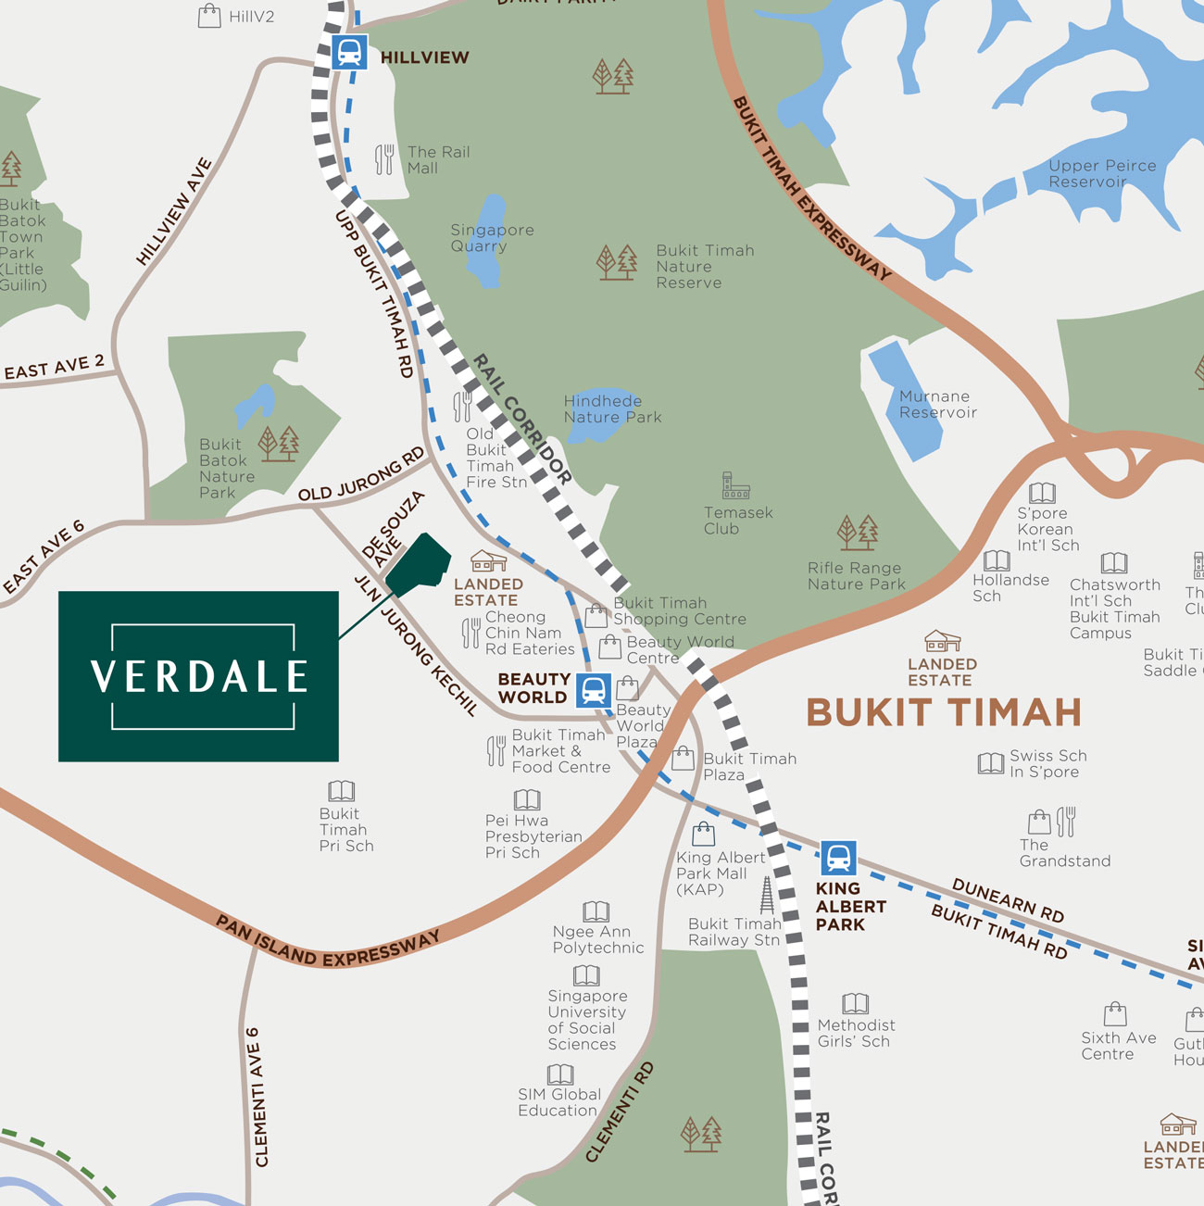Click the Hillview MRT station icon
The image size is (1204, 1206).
coord(349,52)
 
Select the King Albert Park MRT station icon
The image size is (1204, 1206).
coord(838,859)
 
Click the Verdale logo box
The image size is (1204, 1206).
coord(198,676)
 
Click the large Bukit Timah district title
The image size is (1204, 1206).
coord(944,712)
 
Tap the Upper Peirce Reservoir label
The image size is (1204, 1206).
coord(1101,173)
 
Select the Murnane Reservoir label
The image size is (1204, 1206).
coord(937,404)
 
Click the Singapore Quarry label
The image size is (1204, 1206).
coord(492,237)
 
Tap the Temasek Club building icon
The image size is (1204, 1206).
coord(735,485)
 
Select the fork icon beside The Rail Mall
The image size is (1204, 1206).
coord(384,159)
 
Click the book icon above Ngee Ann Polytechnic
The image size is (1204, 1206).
coord(596,911)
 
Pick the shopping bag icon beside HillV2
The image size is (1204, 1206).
coord(210,16)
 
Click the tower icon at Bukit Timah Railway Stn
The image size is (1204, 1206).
coord(767,896)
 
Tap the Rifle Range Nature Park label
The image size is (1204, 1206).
coord(856,575)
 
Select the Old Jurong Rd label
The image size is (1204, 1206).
coord(361,474)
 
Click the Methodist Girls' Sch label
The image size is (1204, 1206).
coord(856,1033)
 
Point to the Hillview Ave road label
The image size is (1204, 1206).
coord(174,212)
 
